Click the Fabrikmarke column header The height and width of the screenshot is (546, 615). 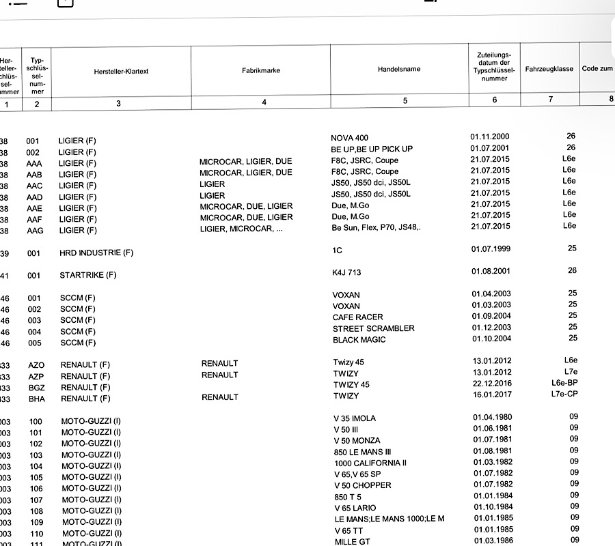tap(261, 70)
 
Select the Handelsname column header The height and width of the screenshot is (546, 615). tap(399, 69)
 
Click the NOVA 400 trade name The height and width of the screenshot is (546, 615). tap(349, 138)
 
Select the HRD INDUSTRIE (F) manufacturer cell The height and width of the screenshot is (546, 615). tap(96, 253)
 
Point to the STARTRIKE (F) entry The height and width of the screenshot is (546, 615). tap(88, 275)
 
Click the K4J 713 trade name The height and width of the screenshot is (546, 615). tap(346, 272)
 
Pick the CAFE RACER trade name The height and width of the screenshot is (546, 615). tap(357, 317)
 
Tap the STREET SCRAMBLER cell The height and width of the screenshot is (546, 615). tap(373, 328)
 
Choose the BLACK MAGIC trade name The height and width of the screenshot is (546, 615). tap(359, 339)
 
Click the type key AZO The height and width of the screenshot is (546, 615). tap(36, 364)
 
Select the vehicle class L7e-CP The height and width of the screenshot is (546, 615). tap(564, 394)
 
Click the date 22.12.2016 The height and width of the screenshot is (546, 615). tap(492, 384)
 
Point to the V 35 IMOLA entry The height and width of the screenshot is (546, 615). tap(355, 418)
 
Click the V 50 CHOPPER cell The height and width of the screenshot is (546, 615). tap(362, 485)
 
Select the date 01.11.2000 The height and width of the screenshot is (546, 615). tap(490, 136)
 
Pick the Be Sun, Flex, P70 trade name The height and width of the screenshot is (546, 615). tap(376, 227)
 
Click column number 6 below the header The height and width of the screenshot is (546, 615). tap(494, 101)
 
